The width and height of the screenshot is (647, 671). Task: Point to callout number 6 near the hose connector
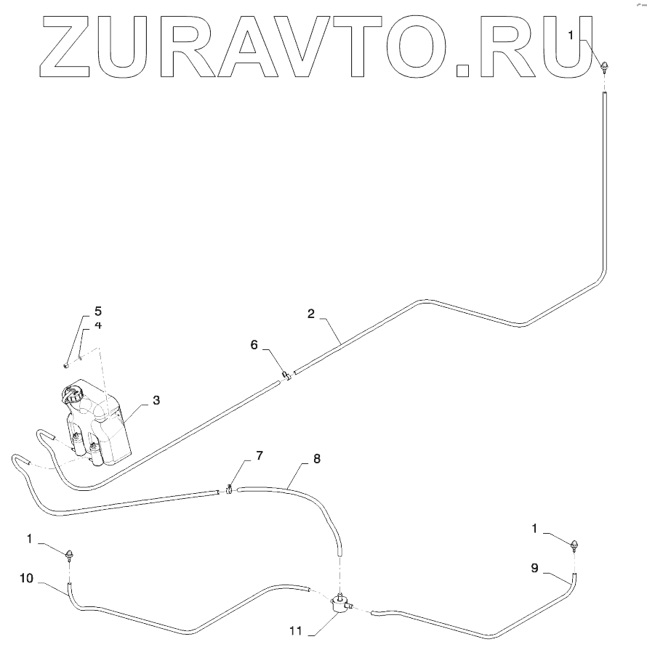pos(254,346)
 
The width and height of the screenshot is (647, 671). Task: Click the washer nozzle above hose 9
pos(576,545)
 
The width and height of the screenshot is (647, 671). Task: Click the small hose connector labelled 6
pos(286,376)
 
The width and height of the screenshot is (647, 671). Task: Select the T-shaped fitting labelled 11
pos(339,602)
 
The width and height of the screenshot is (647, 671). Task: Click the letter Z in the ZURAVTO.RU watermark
pos(69,46)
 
